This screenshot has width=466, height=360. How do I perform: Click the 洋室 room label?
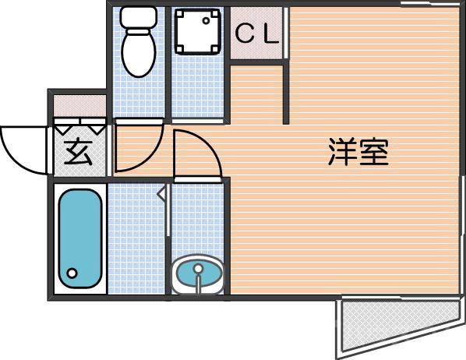point(358,152)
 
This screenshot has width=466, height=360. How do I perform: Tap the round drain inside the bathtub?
point(72,274)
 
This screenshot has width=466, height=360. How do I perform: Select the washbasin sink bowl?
point(199,274)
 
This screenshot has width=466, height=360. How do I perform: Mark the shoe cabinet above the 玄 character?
point(79,125)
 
